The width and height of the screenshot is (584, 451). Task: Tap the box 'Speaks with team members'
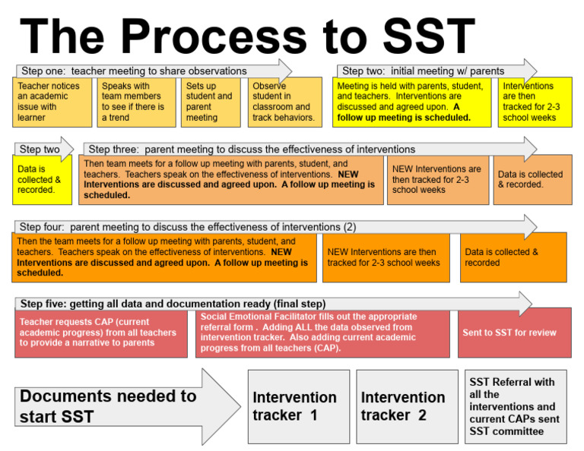coord(136,102)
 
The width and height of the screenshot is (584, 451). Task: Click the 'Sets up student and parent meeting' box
coord(211,102)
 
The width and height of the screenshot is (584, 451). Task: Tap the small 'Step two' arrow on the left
coord(43,150)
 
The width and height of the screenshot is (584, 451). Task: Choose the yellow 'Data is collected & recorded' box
coord(43,180)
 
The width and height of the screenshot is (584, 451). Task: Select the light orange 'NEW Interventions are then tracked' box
coord(438,180)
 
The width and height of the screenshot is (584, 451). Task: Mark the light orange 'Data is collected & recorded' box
coord(532,180)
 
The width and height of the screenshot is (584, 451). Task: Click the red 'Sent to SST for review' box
coord(514,333)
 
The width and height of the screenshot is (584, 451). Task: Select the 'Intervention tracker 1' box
coord(295,406)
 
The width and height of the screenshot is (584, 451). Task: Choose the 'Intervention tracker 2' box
coord(403,406)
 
